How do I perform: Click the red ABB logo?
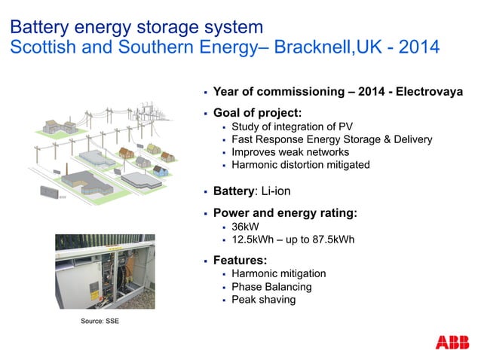pyautogui.click(x=452, y=341)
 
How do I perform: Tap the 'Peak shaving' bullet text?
pyautogui.click(x=263, y=300)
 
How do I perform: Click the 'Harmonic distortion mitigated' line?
pyautogui.click(x=300, y=165)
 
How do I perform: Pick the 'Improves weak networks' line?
pyautogui.click(x=290, y=152)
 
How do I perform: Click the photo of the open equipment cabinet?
pyautogui.click(x=104, y=271)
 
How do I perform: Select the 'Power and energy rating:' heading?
pyautogui.click(x=285, y=212)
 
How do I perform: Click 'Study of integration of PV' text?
pyautogui.click(x=292, y=126)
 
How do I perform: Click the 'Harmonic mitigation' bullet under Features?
pyautogui.click(x=278, y=274)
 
